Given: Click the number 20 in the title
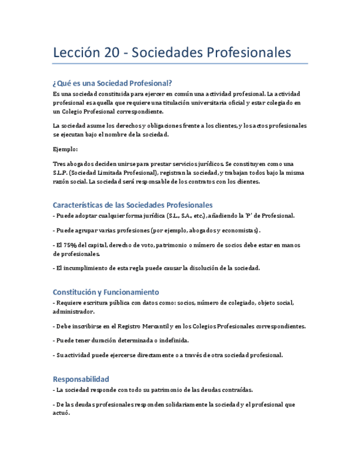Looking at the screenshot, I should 112,53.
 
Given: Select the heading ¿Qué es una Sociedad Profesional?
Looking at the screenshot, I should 113,84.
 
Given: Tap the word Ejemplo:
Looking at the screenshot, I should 65,149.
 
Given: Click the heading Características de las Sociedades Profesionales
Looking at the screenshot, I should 132,205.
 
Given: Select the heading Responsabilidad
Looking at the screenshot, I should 81,379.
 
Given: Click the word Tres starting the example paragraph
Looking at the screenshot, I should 59,164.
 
